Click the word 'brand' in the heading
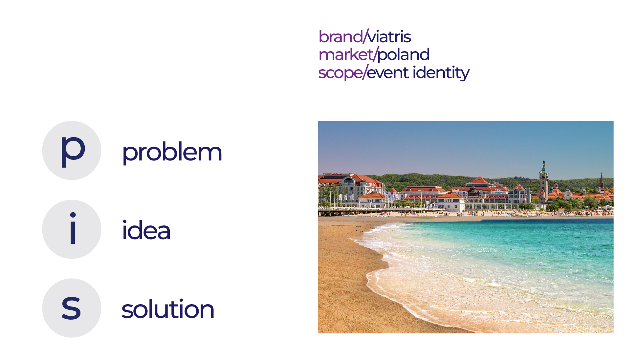(340, 37)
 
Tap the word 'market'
(346, 55)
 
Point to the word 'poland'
(404, 55)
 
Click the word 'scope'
(340, 73)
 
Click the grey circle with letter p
(72, 150)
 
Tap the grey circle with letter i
(72, 229)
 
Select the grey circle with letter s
(72, 308)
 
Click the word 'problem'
(172, 152)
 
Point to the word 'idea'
(146, 231)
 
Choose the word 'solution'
(168, 309)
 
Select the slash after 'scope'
(365, 72)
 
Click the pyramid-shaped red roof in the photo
(479, 180)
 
